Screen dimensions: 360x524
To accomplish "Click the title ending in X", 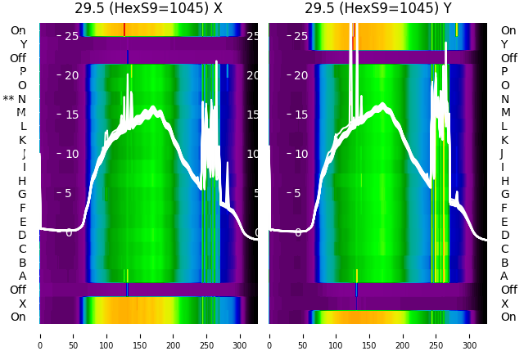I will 148,9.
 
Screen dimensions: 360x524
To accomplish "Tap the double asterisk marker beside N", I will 8,99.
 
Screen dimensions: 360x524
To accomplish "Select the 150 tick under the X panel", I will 140,335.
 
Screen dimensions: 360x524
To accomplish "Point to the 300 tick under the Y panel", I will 470,335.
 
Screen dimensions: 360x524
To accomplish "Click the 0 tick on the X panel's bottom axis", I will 40,335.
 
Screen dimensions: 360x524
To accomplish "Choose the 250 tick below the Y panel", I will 436,335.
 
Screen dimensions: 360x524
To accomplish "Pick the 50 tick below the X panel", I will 74,335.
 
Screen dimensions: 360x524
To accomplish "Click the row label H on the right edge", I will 504,181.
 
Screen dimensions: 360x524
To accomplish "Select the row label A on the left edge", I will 22,276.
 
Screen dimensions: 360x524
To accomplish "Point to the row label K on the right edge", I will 504,140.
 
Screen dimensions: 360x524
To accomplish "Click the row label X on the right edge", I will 504,304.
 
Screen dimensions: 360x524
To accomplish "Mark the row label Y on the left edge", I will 23,44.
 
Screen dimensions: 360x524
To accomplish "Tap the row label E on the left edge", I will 22,222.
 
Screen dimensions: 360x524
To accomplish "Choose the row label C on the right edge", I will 504,249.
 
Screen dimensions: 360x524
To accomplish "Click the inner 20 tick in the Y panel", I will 300,75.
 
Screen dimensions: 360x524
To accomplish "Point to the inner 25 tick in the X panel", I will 70,36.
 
